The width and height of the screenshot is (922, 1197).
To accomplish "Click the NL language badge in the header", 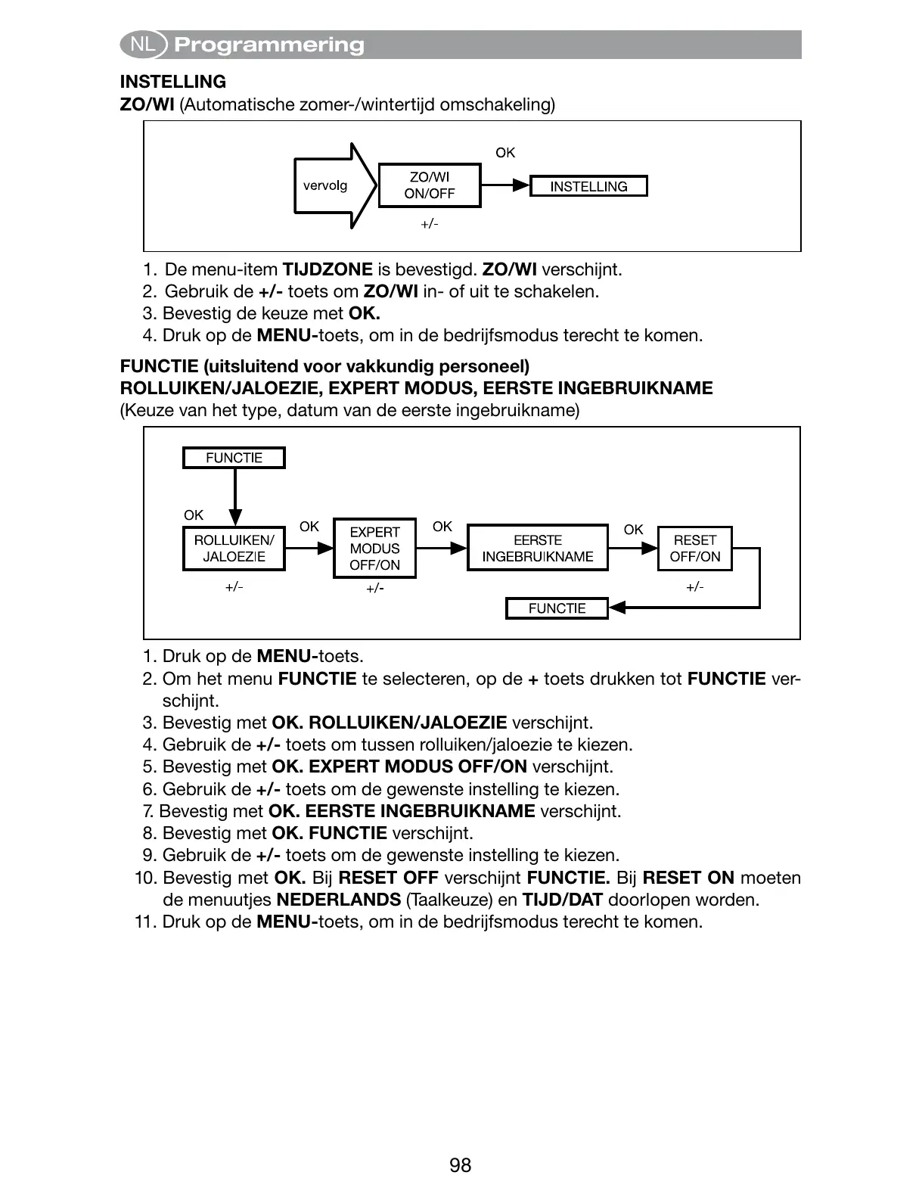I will click(142, 45).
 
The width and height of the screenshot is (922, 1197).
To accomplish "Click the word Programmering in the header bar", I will click(269, 45).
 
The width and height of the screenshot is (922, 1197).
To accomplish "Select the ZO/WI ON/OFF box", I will click(429, 185).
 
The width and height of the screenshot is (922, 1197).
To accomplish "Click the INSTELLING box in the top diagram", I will click(588, 187).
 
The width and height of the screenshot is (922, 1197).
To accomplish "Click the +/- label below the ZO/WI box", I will click(429, 224).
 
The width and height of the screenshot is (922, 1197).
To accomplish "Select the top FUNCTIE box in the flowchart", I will click(234, 458).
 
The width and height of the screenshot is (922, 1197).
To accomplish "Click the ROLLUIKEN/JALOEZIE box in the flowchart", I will click(234, 549).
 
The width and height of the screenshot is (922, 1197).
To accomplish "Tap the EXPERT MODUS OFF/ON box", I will click(374, 549).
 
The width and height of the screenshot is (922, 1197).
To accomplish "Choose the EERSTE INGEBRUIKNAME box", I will click(538, 549).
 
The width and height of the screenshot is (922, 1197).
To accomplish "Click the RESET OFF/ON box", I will click(694, 549).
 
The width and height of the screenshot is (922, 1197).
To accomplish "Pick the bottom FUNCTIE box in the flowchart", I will click(557, 608).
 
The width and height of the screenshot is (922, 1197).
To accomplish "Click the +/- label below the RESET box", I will click(694, 587).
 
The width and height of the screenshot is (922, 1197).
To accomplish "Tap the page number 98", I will click(460, 1165).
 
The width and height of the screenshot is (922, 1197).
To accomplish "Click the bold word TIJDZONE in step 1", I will click(327, 269).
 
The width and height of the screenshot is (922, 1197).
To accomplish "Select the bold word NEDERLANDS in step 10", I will click(338, 900).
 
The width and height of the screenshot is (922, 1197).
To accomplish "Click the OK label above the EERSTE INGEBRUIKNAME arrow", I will click(442, 527).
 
